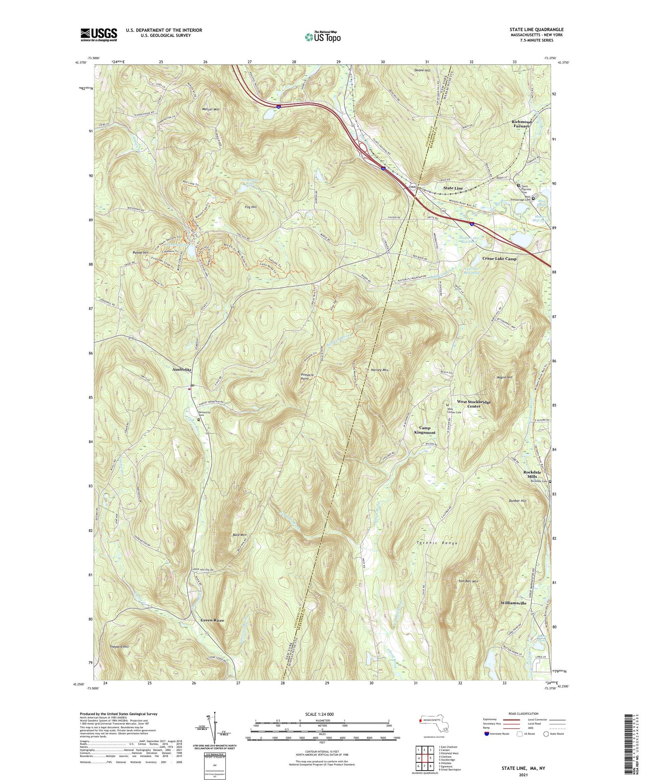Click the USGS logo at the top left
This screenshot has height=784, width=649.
coord(99,35)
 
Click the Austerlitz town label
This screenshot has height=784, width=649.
coord(182,370)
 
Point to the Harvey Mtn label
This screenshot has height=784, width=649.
coord(379,370)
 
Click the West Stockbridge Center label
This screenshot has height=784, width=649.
coord(474,404)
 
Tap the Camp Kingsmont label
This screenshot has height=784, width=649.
coord(424,430)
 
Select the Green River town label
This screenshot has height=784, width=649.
coord(212,620)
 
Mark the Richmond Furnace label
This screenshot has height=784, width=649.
coord(521,124)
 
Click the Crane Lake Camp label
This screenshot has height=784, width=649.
coord(499,259)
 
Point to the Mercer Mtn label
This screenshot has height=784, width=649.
coord(211,109)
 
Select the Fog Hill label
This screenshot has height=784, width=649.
coord(251,207)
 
